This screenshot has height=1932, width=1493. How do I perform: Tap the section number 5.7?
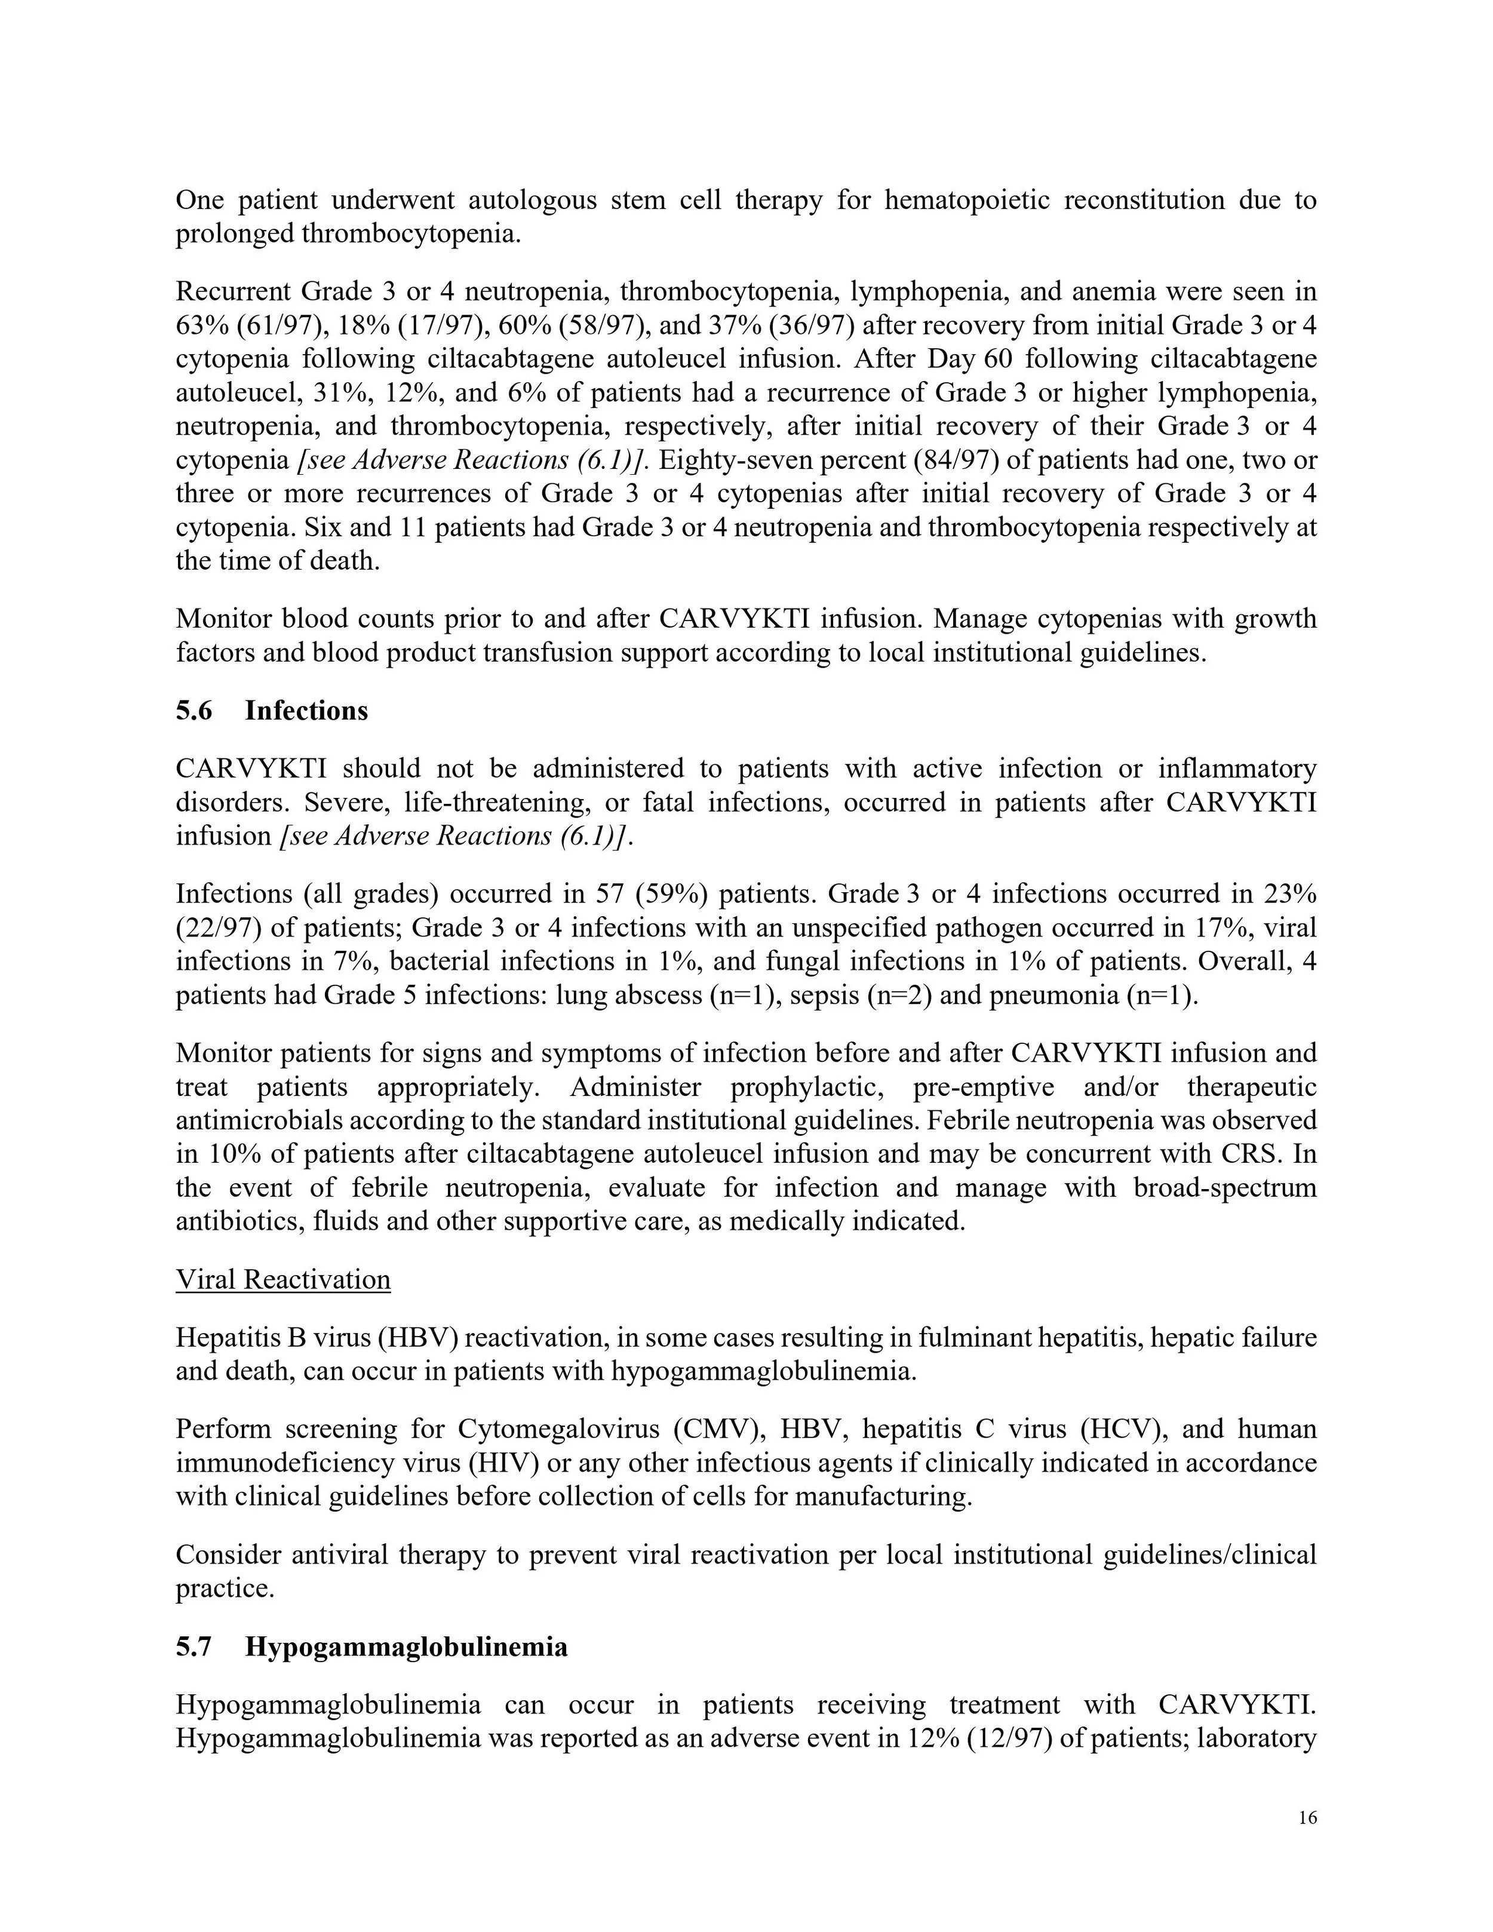tap(193, 1647)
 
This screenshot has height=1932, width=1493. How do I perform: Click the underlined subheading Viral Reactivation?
tap(283, 1279)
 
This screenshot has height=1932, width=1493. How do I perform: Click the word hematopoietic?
tap(967, 200)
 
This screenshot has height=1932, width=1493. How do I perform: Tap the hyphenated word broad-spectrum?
tap(1225, 1187)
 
